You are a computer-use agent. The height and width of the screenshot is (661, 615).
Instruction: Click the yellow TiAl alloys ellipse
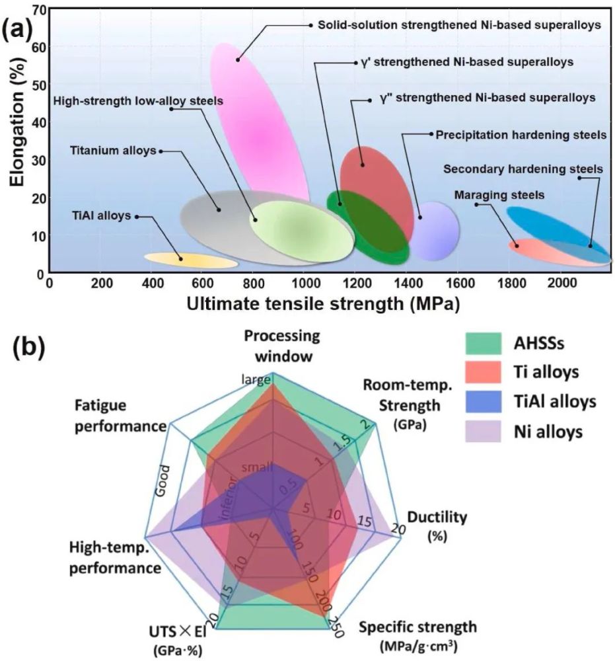(191, 260)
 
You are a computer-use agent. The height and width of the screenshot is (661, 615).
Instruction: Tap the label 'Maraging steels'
(499, 195)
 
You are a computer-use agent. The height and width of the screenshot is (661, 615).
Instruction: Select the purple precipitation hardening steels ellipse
(434, 231)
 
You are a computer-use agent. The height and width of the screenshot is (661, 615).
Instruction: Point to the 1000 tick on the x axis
(304, 283)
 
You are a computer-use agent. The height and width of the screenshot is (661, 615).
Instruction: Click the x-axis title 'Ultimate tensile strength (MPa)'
(323, 303)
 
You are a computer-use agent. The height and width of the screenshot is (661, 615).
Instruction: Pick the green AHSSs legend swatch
(483, 343)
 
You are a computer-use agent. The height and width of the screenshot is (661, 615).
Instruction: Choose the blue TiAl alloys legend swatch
(483, 402)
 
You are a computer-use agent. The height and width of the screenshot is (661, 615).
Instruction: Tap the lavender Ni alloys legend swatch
(483, 431)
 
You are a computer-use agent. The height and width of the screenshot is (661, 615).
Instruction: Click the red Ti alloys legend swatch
(483, 372)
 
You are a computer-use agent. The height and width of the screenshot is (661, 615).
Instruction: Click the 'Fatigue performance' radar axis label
(120, 416)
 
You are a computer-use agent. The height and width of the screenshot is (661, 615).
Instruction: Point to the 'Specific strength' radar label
(418, 627)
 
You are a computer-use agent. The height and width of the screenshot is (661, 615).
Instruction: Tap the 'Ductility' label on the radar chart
(437, 518)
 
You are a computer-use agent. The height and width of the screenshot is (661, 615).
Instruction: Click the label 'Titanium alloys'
(114, 151)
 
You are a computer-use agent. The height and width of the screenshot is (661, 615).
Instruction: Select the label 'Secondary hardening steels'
(523, 169)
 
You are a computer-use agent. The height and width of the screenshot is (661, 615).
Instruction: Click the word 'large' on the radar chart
(256, 380)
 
